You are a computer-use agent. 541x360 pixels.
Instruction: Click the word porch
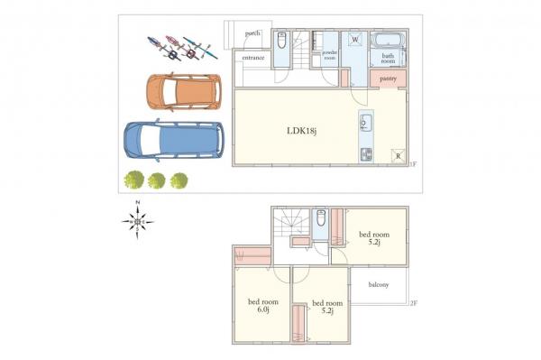pyautogui.click(x=252, y=34)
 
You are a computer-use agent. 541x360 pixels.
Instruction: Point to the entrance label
pyautogui.click(x=252, y=59)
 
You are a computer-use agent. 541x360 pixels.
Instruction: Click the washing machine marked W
pyautogui.click(x=354, y=41)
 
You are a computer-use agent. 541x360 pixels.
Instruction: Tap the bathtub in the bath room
pyautogui.click(x=388, y=42)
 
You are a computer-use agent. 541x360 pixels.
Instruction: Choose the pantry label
pyautogui.click(x=389, y=79)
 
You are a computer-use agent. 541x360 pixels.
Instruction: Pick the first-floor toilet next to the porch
pyautogui.click(x=281, y=41)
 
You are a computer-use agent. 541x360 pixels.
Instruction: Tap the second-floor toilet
pyautogui.click(x=320, y=219)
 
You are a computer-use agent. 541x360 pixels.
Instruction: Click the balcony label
pyautogui.click(x=378, y=286)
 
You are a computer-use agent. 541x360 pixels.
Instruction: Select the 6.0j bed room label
pyautogui.click(x=264, y=306)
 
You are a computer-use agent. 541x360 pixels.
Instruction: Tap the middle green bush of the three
pyautogui.click(x=157, y=180)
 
